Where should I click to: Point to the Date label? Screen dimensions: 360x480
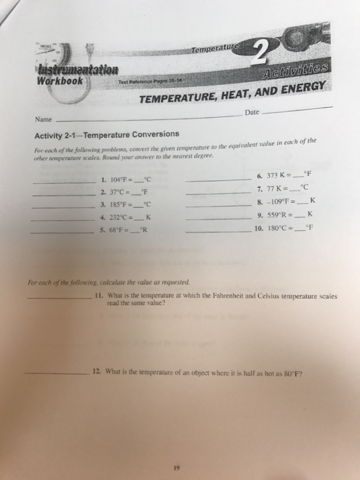coord(253,111)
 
